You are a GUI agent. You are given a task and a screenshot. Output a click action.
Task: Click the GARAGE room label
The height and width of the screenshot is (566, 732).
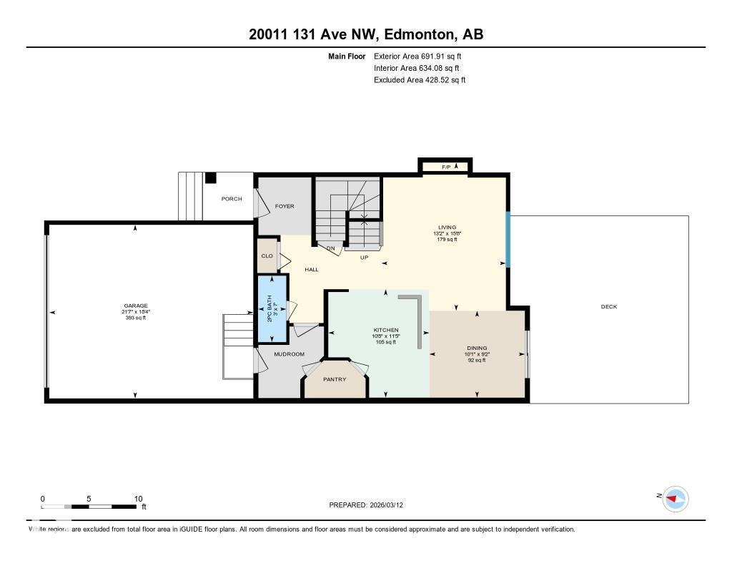tap(135, 306)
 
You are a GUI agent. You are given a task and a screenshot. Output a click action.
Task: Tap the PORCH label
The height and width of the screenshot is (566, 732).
tap(231, 199)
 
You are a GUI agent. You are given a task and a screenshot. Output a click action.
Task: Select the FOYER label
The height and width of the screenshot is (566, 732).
tap(285, 206)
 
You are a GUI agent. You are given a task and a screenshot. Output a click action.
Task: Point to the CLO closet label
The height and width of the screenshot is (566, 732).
tap(267, 255)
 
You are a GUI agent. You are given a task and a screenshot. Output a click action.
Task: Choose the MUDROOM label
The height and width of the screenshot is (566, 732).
tap(290, 354)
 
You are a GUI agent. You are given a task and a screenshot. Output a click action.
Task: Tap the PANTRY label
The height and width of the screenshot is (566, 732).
tap(335, 379)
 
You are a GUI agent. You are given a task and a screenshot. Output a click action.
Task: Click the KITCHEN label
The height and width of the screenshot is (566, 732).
tap(385, 330)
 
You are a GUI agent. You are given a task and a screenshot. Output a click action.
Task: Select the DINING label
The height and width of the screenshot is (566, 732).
tap(476, 348)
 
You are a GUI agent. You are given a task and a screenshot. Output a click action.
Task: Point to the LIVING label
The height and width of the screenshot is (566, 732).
tap(447, 228)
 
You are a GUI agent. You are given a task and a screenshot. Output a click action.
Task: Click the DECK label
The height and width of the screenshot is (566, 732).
tap(608, 307)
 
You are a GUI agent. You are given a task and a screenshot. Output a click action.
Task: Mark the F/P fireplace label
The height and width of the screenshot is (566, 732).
tap(445, 167)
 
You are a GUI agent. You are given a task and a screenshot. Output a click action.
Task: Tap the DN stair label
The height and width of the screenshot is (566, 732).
tap(330, 249)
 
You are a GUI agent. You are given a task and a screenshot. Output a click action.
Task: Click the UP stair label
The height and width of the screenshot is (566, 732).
tap(364, 257)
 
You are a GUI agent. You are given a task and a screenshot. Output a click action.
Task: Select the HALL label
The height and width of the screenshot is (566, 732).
tap(312, 270)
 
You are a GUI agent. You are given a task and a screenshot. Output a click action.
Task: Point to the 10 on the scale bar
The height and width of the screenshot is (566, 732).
tap(138, 499)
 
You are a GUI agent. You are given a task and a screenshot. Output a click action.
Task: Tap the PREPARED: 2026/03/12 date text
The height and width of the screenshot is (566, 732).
tap(370, 504)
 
